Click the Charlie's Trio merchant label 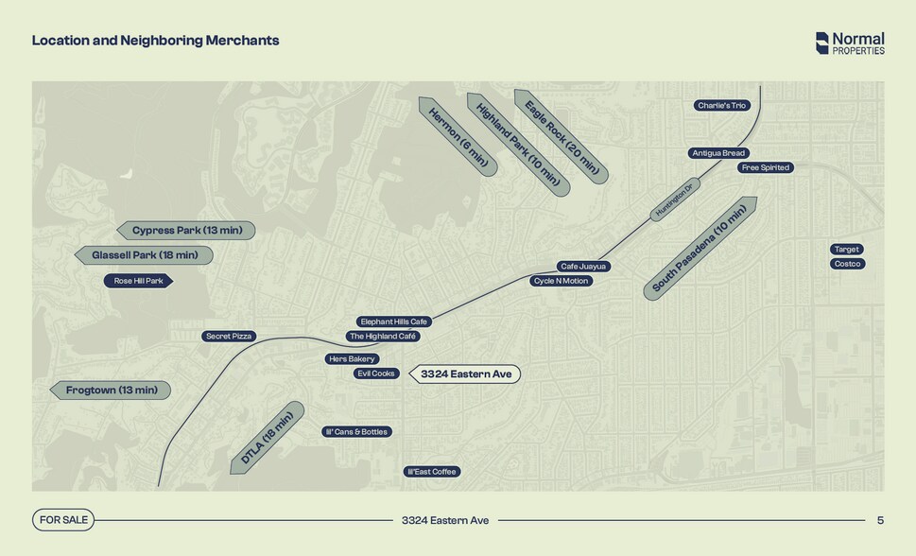(722, 105)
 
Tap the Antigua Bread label (718, 153)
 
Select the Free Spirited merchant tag (766, 167)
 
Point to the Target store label (846, 249)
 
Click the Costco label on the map (847, 264)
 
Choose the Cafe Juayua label (583, 267)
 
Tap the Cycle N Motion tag (561, 281)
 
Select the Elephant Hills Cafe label (394, 321)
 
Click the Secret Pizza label (229, 337)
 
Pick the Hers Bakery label (352, 359)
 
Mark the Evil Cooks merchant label (376, 374)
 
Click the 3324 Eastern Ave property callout (465, 374)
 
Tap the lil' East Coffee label (432, 472)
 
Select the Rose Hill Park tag (138, 281)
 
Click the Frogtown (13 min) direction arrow (111, 391)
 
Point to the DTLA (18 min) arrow (267, 438)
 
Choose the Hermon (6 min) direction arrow (458, 137)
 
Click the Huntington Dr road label (675, 200)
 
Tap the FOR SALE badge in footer (63, 520)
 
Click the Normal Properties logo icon (822, 43)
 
